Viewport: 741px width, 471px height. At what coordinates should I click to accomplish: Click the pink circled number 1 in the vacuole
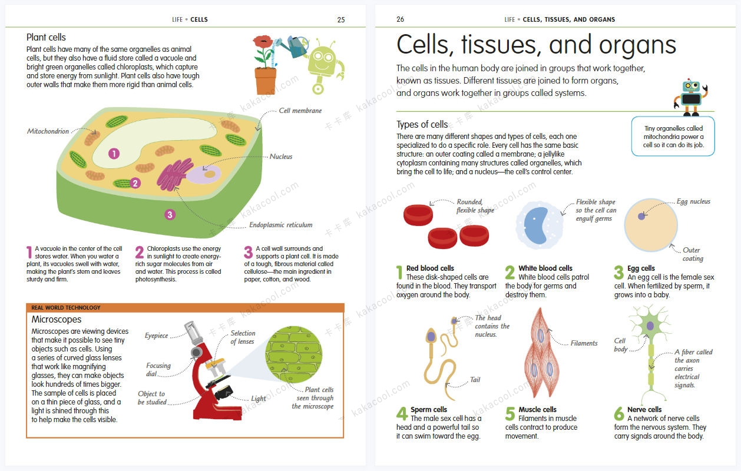click(x=114, y=154)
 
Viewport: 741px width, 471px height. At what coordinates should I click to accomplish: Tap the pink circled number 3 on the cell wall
click(x=170, y=215)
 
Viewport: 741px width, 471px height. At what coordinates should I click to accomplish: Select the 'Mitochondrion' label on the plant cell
click(x=48, y=131)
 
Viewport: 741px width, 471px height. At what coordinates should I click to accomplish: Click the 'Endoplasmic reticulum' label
click(x=280, y=225)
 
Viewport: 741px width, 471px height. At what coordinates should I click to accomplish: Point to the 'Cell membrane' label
click(x=300, y=111)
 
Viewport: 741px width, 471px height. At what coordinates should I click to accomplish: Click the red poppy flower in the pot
click(x=263, y=42)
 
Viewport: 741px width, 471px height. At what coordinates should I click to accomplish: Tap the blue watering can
click(x=296, y=46)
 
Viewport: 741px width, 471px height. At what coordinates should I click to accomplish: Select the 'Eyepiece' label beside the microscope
click(x=156, y=336)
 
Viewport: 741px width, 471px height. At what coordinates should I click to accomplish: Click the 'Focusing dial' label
click(x=158, y=370)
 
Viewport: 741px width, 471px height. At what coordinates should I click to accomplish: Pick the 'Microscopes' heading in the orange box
click(x=56, y=320)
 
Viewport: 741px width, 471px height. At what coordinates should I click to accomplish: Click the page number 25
click(x=340, y=20)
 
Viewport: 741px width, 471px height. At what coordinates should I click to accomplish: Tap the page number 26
click(x=400, y=19)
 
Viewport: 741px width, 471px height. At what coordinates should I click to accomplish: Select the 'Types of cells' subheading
click(x=422, y=124)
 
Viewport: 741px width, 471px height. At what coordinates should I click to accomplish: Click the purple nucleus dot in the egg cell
click(x=641, y=216)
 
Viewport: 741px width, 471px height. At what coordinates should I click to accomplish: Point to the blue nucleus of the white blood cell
click(x=536, y=225)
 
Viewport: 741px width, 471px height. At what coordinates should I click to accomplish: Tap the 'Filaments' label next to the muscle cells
click(x=584, y=343)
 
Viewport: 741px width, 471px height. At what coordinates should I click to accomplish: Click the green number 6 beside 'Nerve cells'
click(x=618, y=413)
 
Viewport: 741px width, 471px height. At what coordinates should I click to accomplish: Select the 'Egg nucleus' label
click(x=693, y=201)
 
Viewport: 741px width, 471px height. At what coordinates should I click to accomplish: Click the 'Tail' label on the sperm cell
click(x=475, y=379)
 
